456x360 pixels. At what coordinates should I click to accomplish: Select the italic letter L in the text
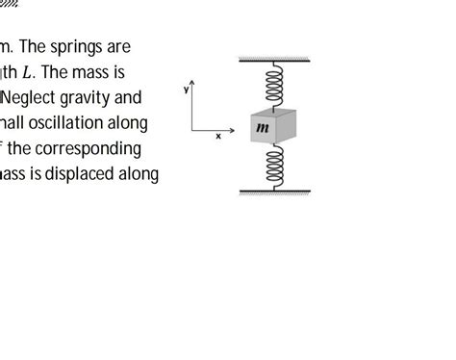tap(42, 72)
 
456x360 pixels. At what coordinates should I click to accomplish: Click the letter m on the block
tap(263, 125)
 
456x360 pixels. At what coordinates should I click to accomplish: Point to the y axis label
tap(185, 89)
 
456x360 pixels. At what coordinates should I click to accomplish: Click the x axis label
tap(218, 137)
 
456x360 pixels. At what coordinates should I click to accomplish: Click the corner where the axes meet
tap(192, 129)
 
